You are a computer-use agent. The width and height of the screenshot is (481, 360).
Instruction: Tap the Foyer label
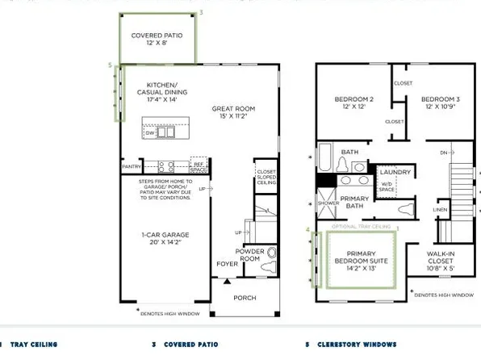click(x=227, y=264)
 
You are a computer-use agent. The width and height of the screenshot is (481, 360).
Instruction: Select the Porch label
click(x=245, y=298)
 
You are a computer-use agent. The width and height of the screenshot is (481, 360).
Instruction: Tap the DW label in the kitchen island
click(x=150, y=133)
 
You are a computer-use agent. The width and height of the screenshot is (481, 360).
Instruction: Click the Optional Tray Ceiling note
click(x=361, y=228)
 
